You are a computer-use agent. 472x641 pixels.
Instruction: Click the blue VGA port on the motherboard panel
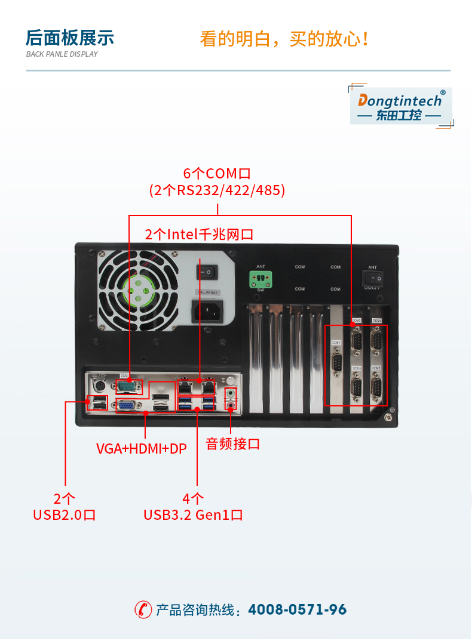point(127,406)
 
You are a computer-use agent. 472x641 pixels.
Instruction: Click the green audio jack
point(231,394)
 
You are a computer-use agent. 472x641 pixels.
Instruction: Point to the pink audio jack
point(231,406)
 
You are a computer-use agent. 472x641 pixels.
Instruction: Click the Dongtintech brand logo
point(400,106)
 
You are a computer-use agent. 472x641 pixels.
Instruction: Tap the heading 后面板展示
point(69,38)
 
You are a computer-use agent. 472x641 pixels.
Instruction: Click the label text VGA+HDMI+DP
point(142,448)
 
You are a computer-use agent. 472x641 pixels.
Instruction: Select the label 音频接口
point(233,444)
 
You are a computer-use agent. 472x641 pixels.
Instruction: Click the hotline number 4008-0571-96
point(297,609)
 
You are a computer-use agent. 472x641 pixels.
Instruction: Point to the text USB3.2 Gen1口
point(193,514)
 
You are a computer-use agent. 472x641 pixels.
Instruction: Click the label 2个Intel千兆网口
point(199,234)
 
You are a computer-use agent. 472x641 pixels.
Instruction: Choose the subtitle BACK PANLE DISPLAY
point(62,54)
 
